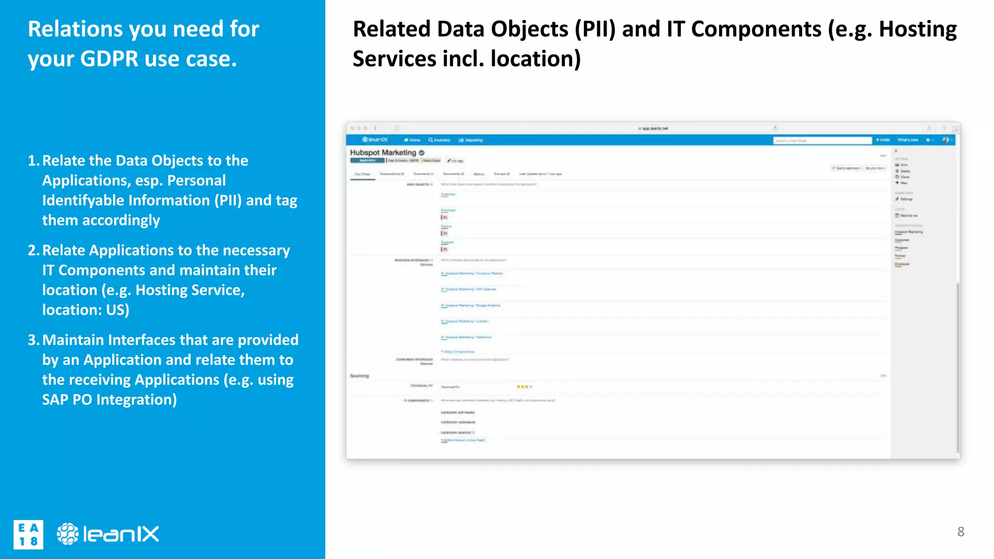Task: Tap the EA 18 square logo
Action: tap(28, 535)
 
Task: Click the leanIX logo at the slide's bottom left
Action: tap(108, 534)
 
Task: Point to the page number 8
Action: tap(961, 532)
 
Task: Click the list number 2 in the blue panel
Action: tap(33, 250)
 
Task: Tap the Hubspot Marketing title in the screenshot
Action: tap(383, 152)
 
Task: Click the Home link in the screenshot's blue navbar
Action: tap(413, 140)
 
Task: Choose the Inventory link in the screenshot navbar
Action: tap(440, 140)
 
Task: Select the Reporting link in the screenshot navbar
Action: tap(471, 140)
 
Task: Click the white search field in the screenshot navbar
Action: tap(822, 141)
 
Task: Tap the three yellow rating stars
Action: tap(523, 387)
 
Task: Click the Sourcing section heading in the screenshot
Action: tap(360, 376)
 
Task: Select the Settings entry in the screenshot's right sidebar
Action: tap(904, 199)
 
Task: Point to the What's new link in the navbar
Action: tap(908, 140)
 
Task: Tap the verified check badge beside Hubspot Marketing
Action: tap(421, 153)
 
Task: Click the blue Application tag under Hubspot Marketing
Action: tap(367, 161)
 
